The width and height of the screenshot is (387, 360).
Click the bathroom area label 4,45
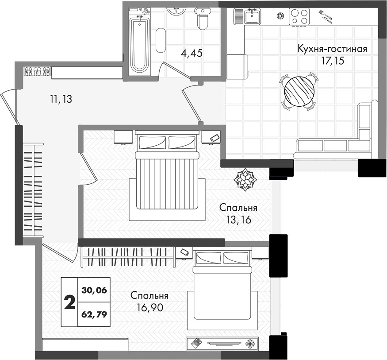pyautogui.click(x=192, y=53)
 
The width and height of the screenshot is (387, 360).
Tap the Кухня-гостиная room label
pyautogui.click(x=333, y=49)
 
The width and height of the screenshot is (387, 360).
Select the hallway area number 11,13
pyautogui.click(x=61, y=99)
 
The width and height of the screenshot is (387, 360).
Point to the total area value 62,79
pyautogui.click(x=94, y=314)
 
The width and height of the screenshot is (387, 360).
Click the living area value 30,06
pyautogui.click(x=94, y=290)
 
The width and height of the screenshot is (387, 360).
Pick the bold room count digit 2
pyautogui.click(x=69, y=303)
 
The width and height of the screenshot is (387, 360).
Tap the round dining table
pyautogui.click(x=299, y=91)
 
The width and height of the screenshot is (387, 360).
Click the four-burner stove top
pyautogui.click(x=299, y=16)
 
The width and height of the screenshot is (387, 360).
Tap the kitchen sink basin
pyautogui.click(x=252, y=16)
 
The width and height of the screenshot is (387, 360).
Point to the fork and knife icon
pyautogui.click(x=326, y=16)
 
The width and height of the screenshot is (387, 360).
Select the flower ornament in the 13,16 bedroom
pyautogui.click(x=245, y=180)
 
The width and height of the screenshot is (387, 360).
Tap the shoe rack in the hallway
pyautogui.click(x=38, y=72)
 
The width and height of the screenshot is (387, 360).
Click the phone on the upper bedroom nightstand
pyautogui.click(x=215, y=138)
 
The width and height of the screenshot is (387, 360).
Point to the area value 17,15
pyautogui.click(x=333, y=61)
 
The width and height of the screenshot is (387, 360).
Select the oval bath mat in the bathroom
pyautogui.click(x=161, y=40)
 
